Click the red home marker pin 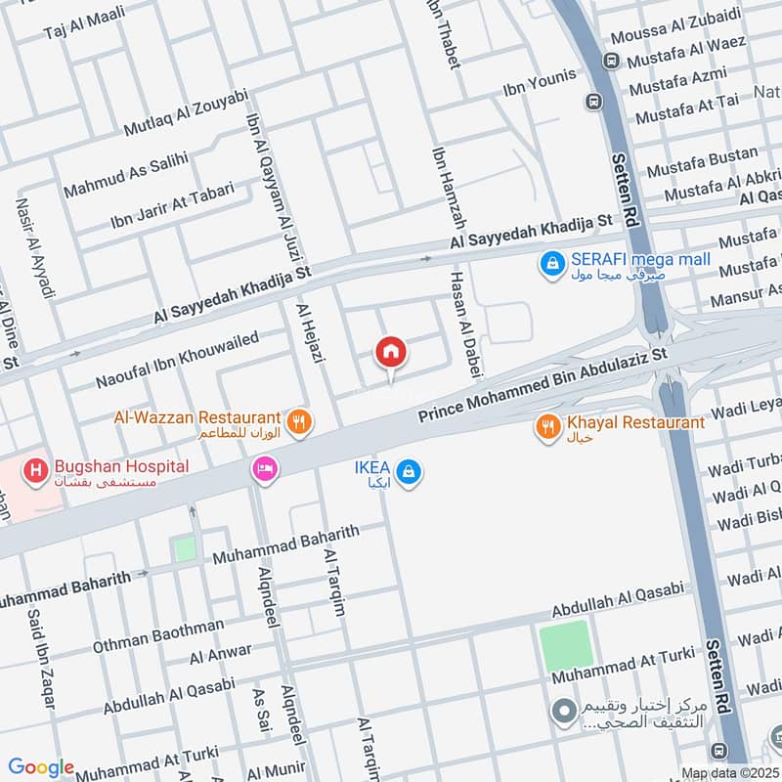(390, 352)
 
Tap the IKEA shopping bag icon (412, 471)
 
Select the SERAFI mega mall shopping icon (552, 262)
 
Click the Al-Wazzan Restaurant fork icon (301, 422)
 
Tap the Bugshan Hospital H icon (37, 469)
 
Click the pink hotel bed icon (265, 470)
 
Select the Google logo (41, 767)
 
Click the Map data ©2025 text (730, 773)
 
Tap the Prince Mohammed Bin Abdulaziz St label (543, 382)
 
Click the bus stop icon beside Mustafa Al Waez (612, 61)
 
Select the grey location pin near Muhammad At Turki (563, 712)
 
